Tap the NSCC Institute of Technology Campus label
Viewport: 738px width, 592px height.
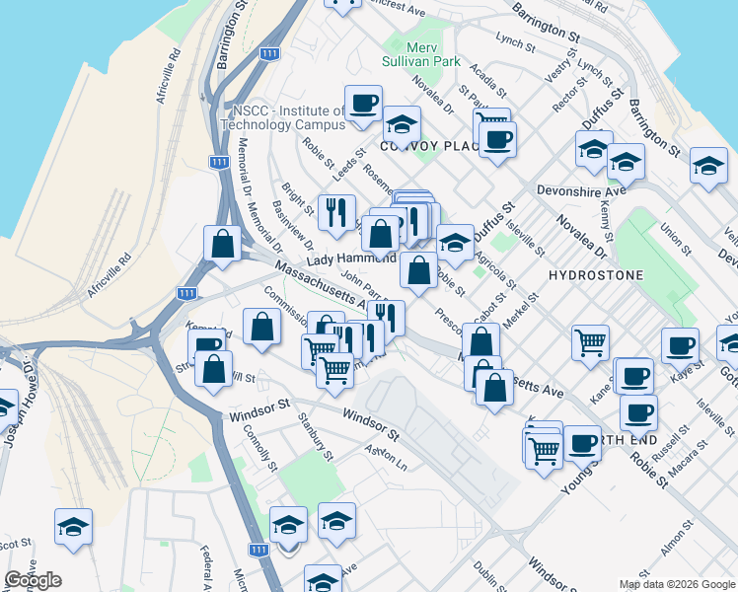pyautogui.click(x=282, y=117)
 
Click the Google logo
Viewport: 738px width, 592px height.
pyautogui.click(x=33, y=580)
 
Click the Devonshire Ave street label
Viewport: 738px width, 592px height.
pyautogui.click(x=581, y=189)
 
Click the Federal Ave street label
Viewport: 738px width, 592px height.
pyautogui.click(x=207, y=563)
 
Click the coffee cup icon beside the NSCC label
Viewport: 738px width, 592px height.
pyautogui.click(x=363, y=103)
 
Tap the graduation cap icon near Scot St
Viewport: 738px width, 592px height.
pyautogui.click(x=74, y=527)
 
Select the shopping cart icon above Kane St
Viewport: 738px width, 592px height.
pyautogui.click(x=590, y=341)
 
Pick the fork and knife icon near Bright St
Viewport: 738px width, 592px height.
pyautogui.click(x=336, y=210)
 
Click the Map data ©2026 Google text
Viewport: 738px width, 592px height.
pyautogui.click(x=677, y=584)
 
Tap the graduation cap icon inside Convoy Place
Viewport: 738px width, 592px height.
pyautogui.click(x=401, y=123)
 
